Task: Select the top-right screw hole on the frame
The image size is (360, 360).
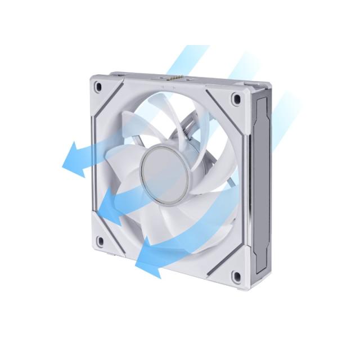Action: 236,98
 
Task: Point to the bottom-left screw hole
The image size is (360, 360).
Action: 100,242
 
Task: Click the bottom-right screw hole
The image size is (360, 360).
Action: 236,276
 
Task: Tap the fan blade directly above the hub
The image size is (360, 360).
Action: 169,121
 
